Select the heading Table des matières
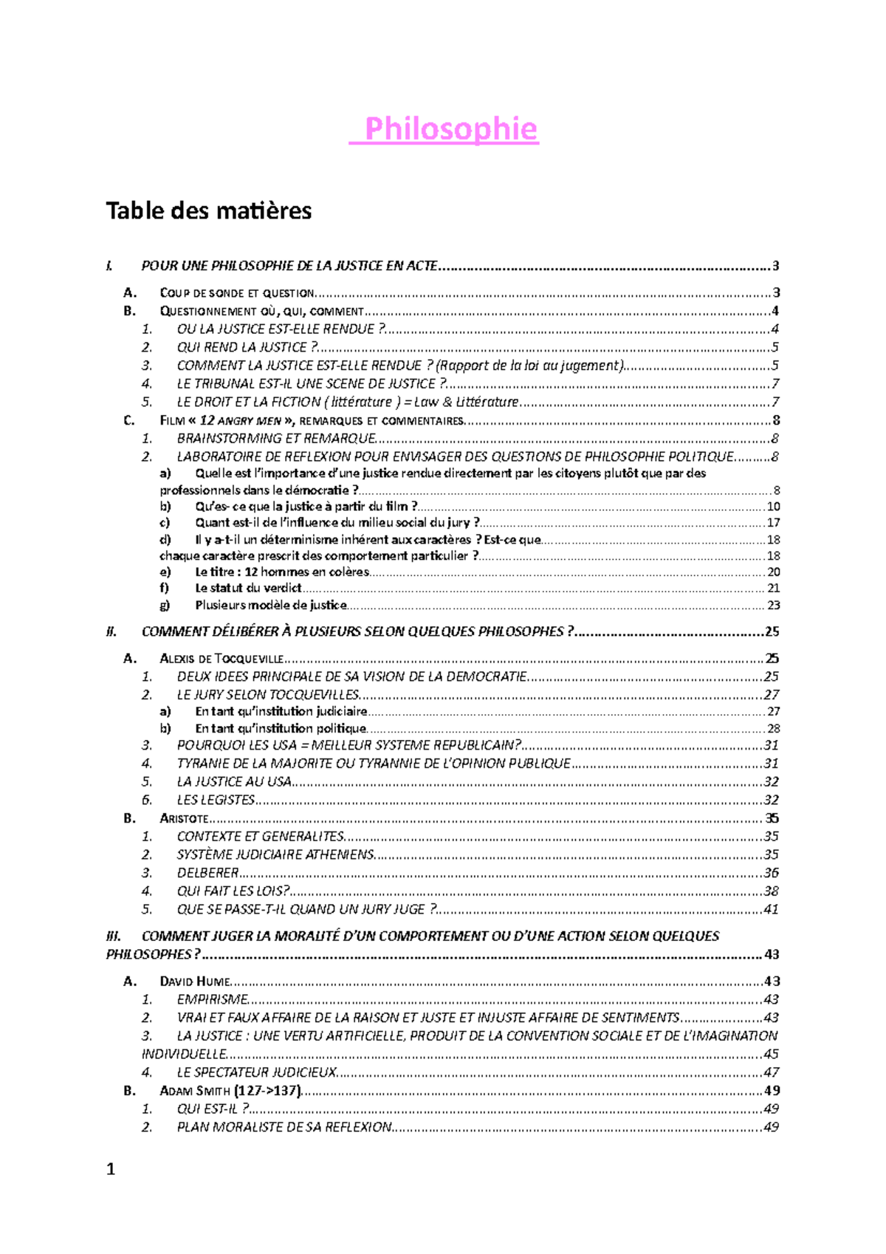(208, 211)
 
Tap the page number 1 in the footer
(111, 1168)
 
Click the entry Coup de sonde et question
(237, 293)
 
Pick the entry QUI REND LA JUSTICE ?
(247, 347)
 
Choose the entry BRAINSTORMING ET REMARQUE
(276, 439)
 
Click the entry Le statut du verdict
(248, 588)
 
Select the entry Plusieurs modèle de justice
(270, 605)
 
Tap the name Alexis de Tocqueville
(221, 658)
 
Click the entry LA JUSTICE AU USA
(234, 781)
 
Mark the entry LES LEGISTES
(216, 800)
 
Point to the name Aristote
(184, 818)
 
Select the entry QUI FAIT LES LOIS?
(233, 891)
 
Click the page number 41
(771, 909)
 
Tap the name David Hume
(195, 981)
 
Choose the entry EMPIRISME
(212, 999)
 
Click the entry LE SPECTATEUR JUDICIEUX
(256, 1072)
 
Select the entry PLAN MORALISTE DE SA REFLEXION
(284, 1127)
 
